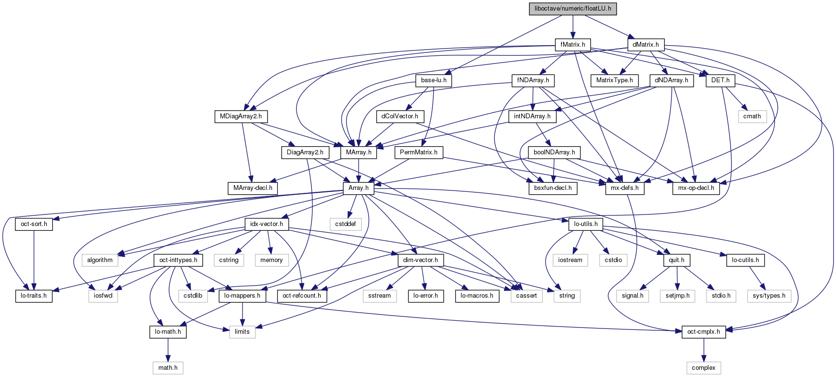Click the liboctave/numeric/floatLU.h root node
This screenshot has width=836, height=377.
(573, 9)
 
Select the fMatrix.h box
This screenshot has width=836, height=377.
(573, 45)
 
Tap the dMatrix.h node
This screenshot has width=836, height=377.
(646, 45)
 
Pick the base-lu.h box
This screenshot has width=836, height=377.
(434, 80)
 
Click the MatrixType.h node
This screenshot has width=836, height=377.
(615, 80)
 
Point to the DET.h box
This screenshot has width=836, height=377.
(720, 80)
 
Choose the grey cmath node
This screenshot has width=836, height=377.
(752, 116)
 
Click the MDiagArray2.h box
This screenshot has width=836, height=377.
(241, 116)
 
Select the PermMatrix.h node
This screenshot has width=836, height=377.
(419, 152)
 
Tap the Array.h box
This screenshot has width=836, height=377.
(359, 188)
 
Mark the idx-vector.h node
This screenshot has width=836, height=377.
(267, 224)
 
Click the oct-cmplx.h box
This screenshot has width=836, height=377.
(704, 332)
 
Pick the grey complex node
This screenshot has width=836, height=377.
(704, 368)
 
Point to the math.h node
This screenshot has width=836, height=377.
(168, 368)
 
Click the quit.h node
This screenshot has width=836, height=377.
(677, 260)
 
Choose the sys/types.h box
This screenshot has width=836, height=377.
(769, 296)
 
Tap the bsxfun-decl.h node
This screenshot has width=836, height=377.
(553, 188)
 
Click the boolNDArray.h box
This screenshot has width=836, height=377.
(554, 152)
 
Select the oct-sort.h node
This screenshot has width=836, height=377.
(34, 224)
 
